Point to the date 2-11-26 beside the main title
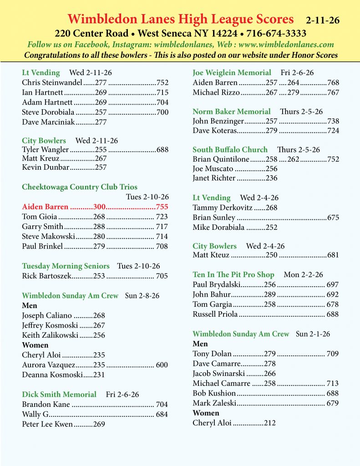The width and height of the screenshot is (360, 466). tap(323, 20)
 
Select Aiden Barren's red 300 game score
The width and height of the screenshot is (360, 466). tap(100, 207)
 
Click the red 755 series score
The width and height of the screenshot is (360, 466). tap(162, 207)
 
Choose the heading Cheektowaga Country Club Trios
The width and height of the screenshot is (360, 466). tap(80, 187)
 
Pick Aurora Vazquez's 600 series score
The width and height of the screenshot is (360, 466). tap(162, 365)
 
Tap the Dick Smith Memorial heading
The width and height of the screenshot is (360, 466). tap(59, 395)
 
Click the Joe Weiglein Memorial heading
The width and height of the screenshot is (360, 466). tap(232, 73)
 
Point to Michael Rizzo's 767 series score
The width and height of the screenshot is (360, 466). tap(333, 92)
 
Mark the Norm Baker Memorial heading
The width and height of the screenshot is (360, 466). tap(231, 111)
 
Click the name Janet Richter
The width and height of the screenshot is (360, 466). tap(214, 178)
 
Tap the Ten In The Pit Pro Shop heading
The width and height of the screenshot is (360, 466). tap(233, 275)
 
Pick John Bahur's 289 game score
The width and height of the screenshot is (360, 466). tap(270, 294)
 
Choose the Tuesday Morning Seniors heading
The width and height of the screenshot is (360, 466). tap(66, 266)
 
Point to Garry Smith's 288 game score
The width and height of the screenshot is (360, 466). tap(100, 227)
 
